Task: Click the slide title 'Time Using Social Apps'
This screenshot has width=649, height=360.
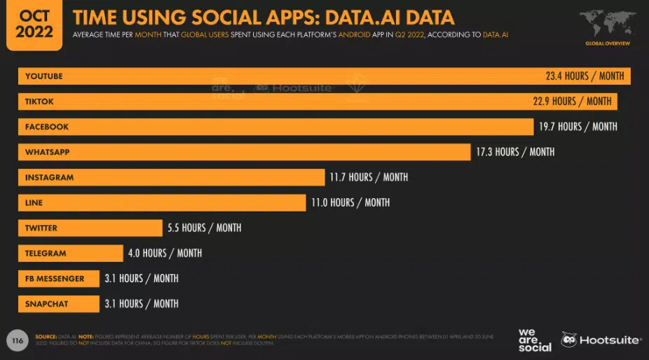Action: click(x=264, y=18)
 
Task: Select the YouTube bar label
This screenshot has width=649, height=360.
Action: click(x=44, y=76)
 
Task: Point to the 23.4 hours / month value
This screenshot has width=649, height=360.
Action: click(x=585, y=76)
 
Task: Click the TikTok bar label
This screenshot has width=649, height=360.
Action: click(x=39, y=102)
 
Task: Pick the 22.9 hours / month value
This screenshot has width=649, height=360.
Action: click(x=572, y=102)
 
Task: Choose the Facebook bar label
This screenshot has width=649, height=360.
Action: click(x=47, y=127)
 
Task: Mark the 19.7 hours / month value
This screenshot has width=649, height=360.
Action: click(x=578, y=127)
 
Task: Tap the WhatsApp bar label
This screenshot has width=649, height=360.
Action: click(x=48, y=152)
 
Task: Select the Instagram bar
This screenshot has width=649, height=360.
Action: click(x=172, y=177)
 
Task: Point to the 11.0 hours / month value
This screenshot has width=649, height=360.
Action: click(x=350, y=202)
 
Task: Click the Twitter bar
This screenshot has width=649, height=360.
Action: click(x=90, y=228)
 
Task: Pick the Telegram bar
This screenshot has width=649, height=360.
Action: click(x=71, y=253)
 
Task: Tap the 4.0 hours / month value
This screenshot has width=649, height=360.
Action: click(x=164, y=253)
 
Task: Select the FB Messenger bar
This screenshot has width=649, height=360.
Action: click(x=59, y=278)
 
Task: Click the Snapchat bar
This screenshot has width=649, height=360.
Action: click(x=59, y=303)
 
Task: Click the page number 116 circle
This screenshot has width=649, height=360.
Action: click(x=17, y=340)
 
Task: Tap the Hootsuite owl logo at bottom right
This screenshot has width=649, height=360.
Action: click(x=569, y=340)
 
